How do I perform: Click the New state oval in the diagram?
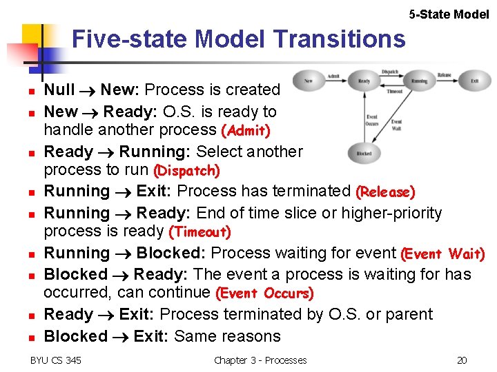pos(309,81)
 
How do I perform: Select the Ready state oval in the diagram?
pos(363,81)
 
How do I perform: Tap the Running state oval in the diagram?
pos(419,81)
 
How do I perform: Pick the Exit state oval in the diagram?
pos(474,81)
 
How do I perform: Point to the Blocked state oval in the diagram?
pos(363,154)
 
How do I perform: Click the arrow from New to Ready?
pos(335,81)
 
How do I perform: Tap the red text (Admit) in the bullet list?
pos(245,130)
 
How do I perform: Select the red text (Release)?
pos(385,192)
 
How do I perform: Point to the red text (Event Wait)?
pos(442,254)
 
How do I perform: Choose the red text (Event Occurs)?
pos(264,293)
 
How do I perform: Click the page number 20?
pos(462,360)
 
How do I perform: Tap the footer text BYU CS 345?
pos(56,360)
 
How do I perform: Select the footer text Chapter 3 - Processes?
pos(260,360)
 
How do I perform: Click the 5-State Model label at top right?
pos(449,14)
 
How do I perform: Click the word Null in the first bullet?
pos(59,90)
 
